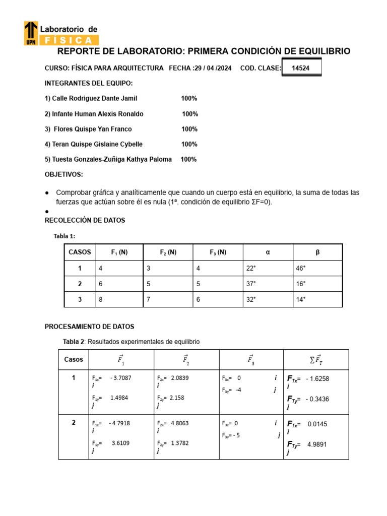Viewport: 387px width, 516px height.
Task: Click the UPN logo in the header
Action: (31, 33)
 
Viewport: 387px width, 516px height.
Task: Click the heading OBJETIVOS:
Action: (64, 174)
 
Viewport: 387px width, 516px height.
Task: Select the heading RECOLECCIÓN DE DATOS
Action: (85, 220)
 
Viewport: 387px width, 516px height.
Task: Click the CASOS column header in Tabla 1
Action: (80, 252)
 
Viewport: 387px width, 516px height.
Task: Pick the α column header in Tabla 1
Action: (268, 252)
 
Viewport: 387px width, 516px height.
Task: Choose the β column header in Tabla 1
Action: (317, 252)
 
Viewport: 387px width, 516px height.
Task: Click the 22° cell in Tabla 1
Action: (251, 269)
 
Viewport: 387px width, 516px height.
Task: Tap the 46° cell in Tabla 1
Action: (301, 269)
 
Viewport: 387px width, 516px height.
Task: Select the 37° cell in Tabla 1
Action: (251, 284)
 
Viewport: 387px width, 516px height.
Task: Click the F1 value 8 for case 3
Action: (101, 299)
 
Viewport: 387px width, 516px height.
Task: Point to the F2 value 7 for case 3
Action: (149, 299)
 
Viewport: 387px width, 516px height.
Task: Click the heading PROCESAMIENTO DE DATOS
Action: (89, 327)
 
